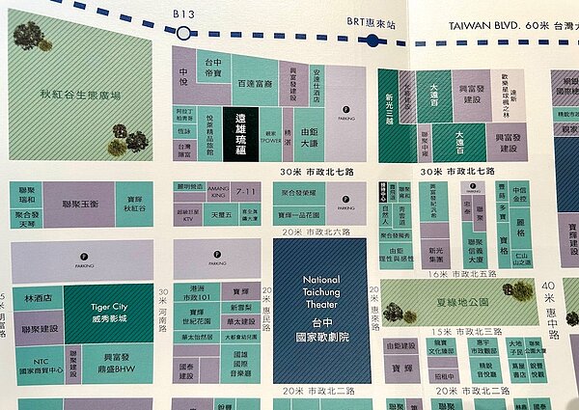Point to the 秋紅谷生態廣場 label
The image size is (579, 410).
(x=80, y=96)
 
